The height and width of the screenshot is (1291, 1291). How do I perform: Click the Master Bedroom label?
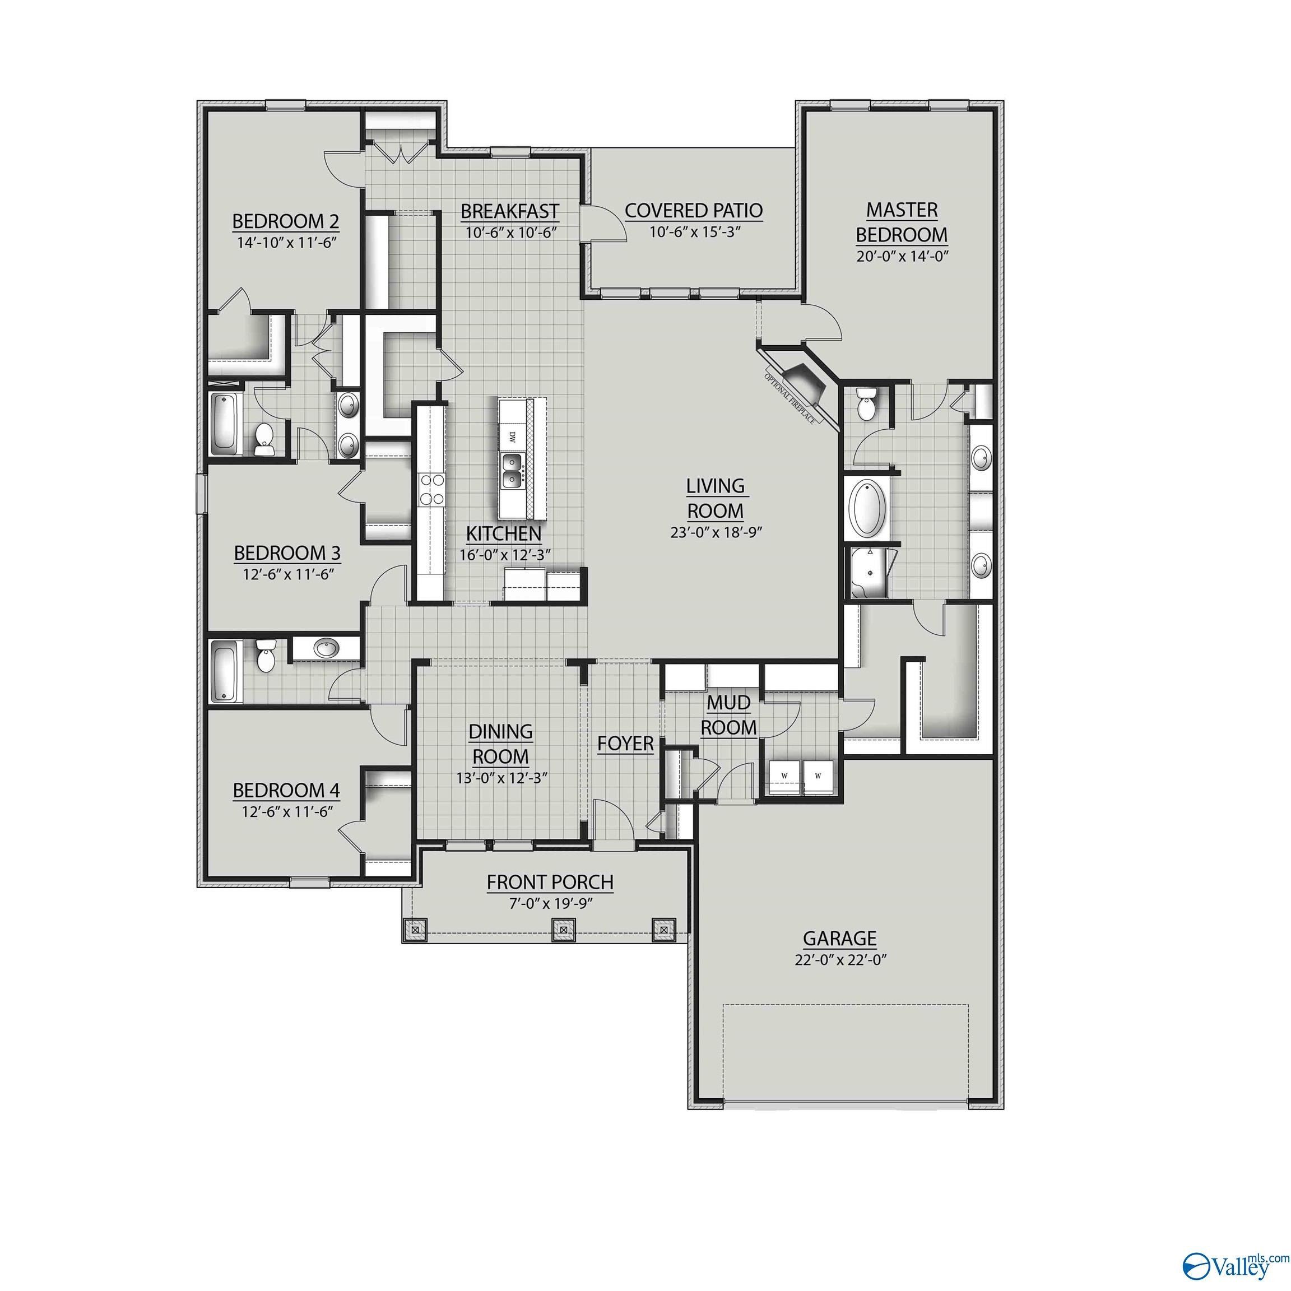tap(902, 222)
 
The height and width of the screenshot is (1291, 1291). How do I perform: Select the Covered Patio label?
tap(694, 211)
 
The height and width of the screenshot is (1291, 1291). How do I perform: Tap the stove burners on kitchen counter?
tap(431, 489)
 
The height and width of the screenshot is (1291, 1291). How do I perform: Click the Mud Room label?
tap(728, 715)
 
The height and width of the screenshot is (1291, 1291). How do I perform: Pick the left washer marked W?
tap(784, 776)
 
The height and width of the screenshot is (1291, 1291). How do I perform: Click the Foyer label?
tap(625, 743)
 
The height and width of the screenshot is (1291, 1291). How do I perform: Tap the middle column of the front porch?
tap(563, 930)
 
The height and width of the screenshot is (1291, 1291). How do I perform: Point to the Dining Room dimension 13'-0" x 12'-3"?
tap(500, 778)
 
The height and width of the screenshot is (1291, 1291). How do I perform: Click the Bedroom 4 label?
tap(286, 791)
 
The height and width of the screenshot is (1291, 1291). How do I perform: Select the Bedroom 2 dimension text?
tap(285, 242)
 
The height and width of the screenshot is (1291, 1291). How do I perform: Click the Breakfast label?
tap(509, 211)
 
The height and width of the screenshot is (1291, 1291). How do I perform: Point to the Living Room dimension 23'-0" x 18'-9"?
tap(716, 532)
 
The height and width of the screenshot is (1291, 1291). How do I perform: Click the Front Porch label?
tap(549, 882)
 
